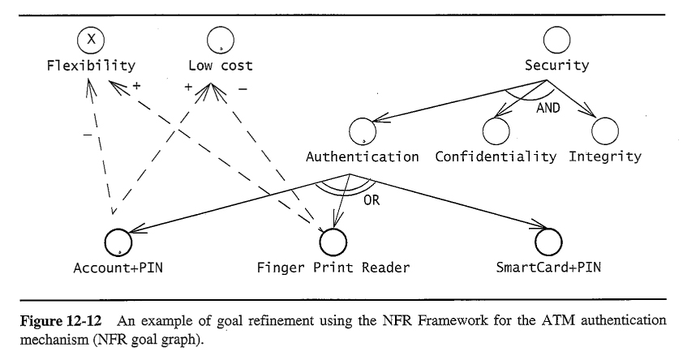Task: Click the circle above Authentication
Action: tap(363, 131)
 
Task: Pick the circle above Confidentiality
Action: tap(496, 131)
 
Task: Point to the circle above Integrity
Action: tap(605, 131)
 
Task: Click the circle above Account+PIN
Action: tap(118, 240)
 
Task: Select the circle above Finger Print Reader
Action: tap(333, 240)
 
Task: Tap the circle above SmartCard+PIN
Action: tap(548, 240)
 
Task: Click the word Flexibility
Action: tap(91, 66)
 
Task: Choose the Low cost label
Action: tap(221, 66)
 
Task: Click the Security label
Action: tap(556, 66)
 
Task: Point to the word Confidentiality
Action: tap(496, 156)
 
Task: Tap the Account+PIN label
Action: tap(118, 267)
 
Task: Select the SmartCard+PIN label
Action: tap(548, 267)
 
